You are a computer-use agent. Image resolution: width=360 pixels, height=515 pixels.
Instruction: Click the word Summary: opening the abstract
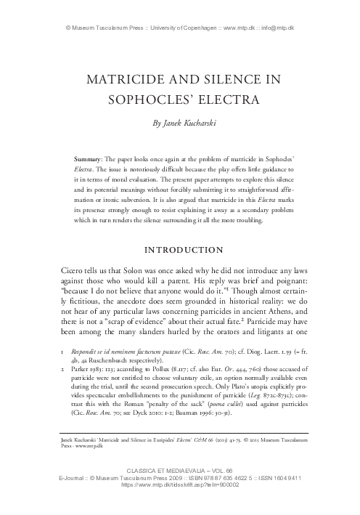(91, 157)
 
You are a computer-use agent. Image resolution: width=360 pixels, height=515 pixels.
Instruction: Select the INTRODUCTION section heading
(179, 251)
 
